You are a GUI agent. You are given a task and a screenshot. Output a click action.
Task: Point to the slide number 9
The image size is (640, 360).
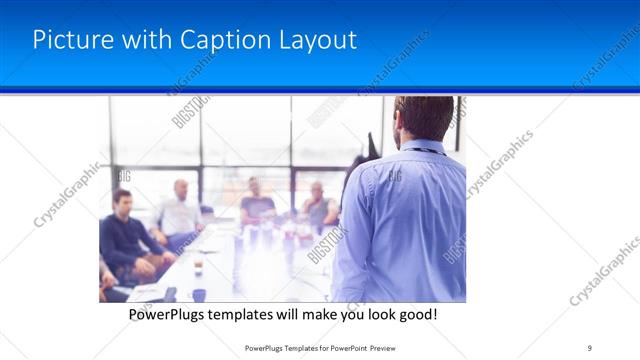pos(590,348)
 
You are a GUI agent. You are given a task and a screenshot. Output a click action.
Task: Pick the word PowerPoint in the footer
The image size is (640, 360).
pos(346,348)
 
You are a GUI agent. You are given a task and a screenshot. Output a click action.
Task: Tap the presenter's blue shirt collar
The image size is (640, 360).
pos(420,146)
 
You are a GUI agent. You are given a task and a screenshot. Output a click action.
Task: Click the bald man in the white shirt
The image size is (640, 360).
pos(180,210)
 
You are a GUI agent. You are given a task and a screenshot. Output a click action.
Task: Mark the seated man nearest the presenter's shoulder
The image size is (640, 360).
pos(318,206)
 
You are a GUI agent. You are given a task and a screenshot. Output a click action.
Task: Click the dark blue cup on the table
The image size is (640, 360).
pos(199,295)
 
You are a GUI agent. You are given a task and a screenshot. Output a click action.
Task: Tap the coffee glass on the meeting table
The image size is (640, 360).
pos(198,266)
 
